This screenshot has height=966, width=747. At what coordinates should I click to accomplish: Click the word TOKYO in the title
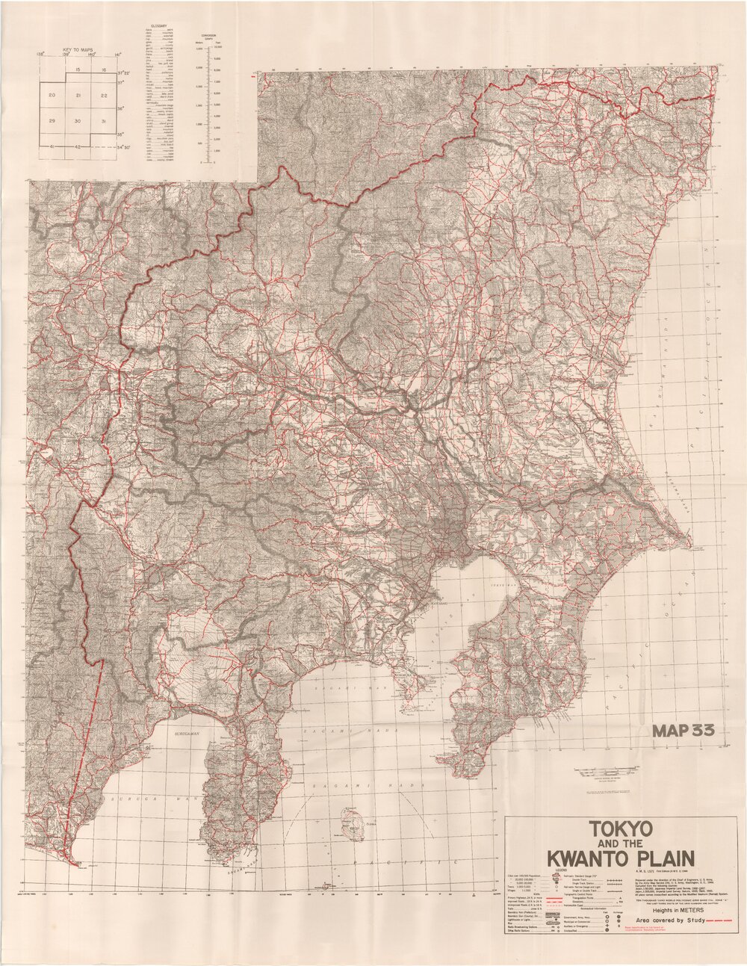[620, 829]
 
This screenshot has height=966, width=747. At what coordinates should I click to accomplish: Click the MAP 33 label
[684, 731]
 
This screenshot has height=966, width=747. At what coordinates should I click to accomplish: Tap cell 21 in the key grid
[78, 96]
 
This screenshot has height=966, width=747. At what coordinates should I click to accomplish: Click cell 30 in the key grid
[78, 121]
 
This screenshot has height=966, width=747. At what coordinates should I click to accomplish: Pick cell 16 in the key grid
[104, 69]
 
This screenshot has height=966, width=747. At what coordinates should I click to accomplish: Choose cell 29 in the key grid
[52, 121]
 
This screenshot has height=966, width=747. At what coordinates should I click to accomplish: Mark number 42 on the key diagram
[78, 146]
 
